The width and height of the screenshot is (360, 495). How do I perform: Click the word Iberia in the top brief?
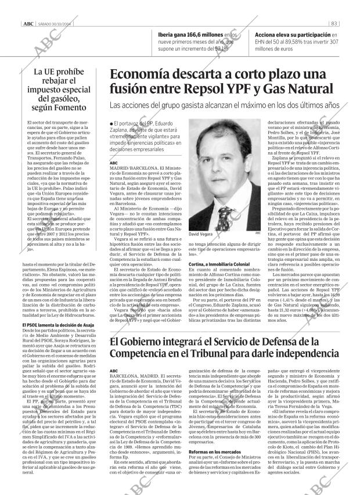tap(169, 35)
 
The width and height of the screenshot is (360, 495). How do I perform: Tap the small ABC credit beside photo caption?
tap(257, 233)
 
